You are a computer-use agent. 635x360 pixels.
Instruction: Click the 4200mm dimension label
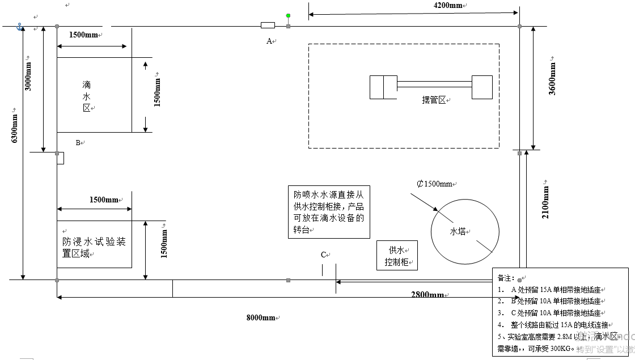447,6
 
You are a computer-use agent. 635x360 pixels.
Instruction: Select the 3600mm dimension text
552,77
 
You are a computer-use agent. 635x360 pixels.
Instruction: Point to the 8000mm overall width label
261,317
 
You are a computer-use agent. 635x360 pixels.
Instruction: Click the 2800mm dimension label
427,295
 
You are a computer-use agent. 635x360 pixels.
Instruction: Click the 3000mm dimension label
28,74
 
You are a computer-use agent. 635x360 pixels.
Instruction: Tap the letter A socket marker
270,41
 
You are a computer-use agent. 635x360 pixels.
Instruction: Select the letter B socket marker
78,143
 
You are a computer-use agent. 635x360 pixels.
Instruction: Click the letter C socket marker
324,255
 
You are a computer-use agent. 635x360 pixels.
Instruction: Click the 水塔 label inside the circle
458,231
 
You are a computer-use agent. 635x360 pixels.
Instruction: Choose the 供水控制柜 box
397,256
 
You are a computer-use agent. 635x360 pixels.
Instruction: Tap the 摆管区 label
434,100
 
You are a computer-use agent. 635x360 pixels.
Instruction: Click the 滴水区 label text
87,96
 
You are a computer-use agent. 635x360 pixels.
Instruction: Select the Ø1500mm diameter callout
435,184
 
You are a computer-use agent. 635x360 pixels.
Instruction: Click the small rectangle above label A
268,26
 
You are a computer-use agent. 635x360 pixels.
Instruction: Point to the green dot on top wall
288,16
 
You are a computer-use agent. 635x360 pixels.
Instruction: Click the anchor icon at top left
19,27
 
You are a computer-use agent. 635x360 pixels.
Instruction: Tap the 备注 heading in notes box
505,278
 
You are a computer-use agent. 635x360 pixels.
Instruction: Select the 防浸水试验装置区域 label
94,248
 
